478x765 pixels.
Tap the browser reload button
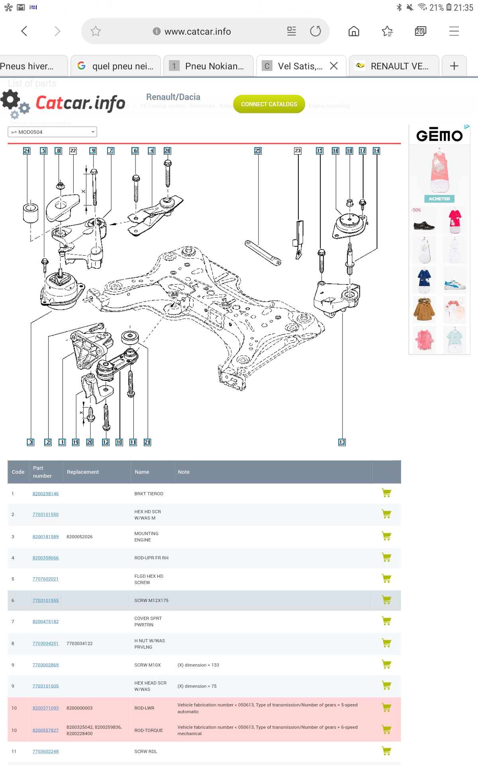click(x=315, y=31)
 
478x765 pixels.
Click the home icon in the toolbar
click(x=354, y=31)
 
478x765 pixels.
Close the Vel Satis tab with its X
click(x=334, y=66)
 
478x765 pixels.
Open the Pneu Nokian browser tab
click(x=209, y=66)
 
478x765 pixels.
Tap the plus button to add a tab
click(x=454, y=66)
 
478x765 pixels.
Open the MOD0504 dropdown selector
click(x=52, y=132)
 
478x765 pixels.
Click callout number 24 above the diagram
click(x=27, y=151)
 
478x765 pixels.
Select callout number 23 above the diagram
click(x=298, y=151)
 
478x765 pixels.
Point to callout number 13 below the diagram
click(x=342, y=442)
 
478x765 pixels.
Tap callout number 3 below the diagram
click(x=31, y=442)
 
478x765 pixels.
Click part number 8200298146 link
click(x=45, y=494)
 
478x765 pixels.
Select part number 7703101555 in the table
click(x=45, y=600)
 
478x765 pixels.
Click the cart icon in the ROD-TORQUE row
click(x=386, y=730)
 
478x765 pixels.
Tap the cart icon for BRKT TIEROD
click(x=386, y=493)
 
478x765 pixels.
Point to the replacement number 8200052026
click(x=80, y=537)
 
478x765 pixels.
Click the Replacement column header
click(x=83, y=472)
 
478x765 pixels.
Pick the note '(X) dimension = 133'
click(x=198, y=665)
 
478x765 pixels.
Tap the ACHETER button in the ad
click(x=439, y=199)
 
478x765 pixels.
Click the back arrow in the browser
click(x=24, y=31)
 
